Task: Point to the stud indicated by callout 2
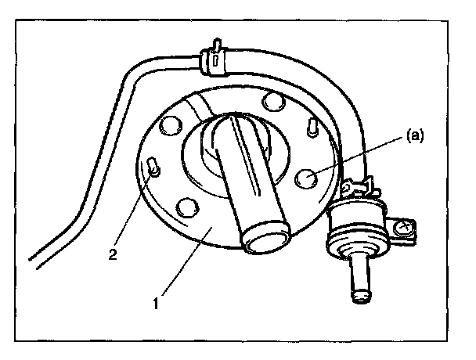pyautogui.click(x=154, y=167)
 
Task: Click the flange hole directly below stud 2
pyautogui.click(x=186, y=207)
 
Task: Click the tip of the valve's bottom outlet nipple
pyautogui.click(x=362, y=295)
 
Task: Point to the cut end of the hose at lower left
pyautogui.click(x=34, y=259)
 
